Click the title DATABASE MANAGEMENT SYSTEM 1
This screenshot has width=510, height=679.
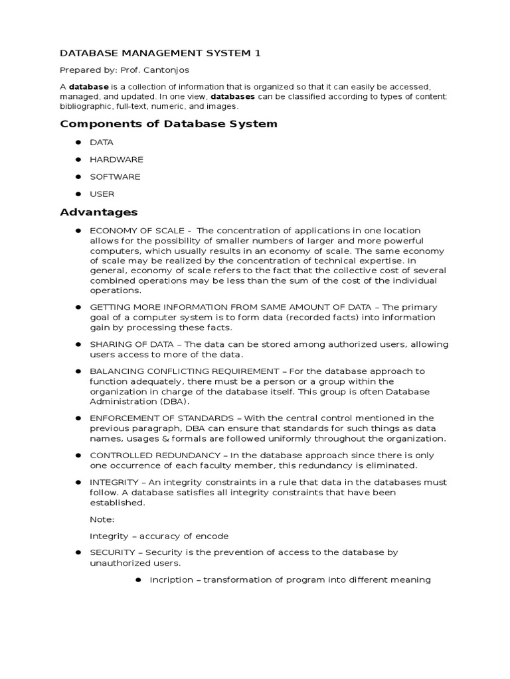point(155,52)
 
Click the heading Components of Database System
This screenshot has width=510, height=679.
point(169,124)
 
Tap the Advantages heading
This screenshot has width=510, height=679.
point(99,212)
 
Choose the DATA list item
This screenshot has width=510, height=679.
point(102,143)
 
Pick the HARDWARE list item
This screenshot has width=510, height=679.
point(116,160)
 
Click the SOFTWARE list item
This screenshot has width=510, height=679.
point(115,177)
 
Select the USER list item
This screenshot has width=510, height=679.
point(102,194)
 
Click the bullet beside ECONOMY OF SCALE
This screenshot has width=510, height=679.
point(78,230)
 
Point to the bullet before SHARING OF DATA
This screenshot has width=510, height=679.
point(78,344)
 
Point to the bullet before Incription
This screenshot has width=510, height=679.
point(138,580)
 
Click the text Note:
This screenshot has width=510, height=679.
point(102,519)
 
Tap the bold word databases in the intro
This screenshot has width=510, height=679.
point(232,97)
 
